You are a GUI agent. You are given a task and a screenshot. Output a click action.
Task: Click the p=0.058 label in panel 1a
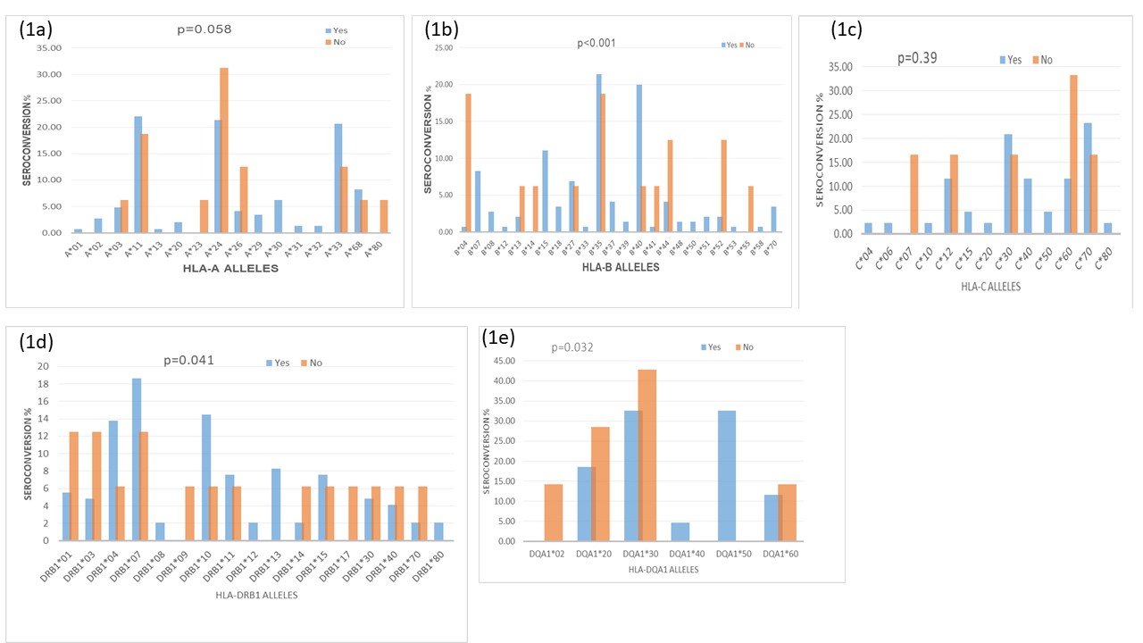click(x=205, y=29)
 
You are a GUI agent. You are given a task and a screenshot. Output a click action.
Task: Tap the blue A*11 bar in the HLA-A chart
click(x=138, y=174)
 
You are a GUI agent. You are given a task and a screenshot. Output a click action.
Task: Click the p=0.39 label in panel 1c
click(x=917, y=58)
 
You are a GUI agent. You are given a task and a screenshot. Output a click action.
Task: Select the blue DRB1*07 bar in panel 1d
click(x=137, y=459)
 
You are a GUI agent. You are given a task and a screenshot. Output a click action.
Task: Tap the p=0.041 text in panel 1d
click(x=188, y=361)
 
